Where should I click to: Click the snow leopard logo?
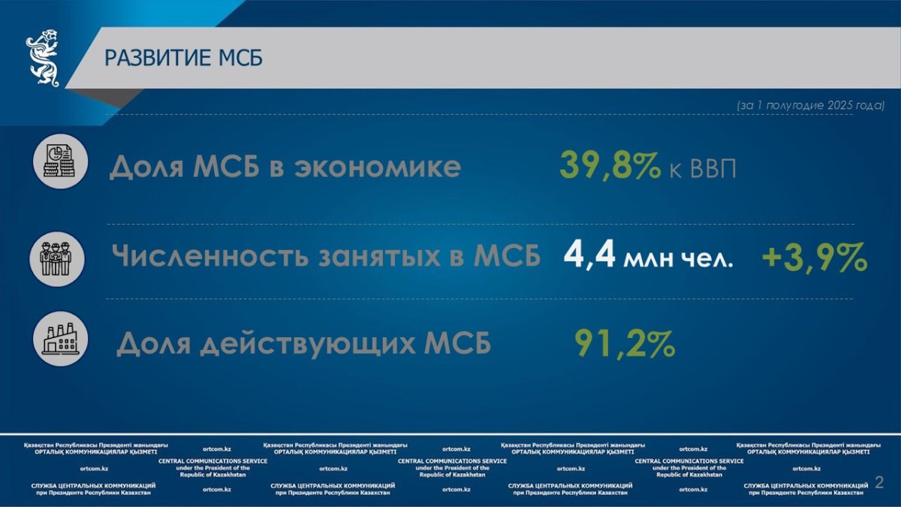43,58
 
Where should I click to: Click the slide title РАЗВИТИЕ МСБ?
183,58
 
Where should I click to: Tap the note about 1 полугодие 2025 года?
810,105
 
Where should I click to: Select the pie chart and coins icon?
60,161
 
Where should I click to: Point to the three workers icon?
57,258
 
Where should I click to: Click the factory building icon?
60,339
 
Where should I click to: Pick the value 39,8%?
610,165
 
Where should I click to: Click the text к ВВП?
703,169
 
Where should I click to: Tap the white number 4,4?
589,255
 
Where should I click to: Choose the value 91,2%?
625,344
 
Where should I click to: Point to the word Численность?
210,255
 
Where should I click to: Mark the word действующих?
308,344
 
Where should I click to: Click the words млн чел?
678,259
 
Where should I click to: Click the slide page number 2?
879,482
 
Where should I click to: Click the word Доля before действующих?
154,344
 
